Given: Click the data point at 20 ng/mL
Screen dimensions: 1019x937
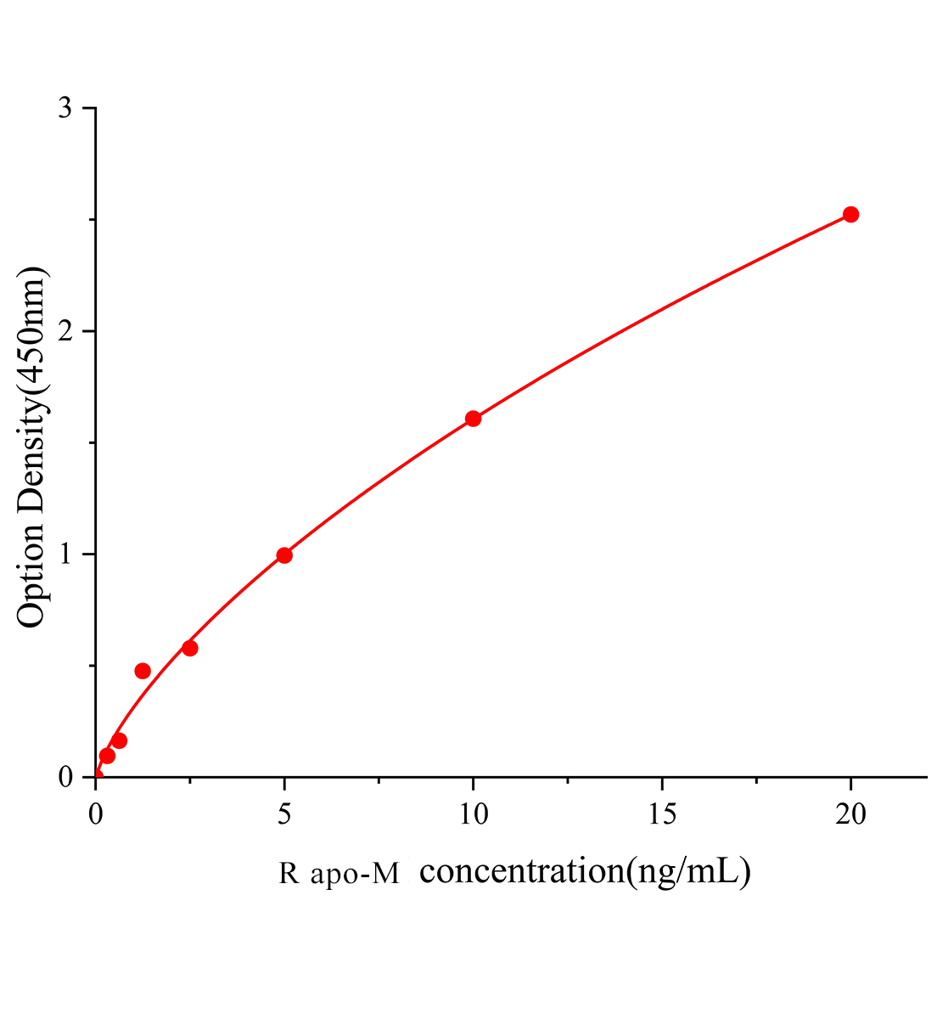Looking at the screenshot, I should click(x=850, y=214).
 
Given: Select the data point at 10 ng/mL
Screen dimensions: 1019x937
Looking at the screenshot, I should click(x=473, y=419).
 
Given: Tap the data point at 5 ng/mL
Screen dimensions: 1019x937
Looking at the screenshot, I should click(x=284, y=555).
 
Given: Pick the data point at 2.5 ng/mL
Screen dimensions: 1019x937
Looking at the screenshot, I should click(x=190, y=648).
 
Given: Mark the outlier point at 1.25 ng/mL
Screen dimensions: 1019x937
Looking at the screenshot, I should click(x=143, y=671).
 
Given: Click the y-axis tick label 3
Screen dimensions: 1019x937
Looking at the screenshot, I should click(x=65, y=109).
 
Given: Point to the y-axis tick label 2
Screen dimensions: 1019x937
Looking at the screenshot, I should click(x=65, y=331).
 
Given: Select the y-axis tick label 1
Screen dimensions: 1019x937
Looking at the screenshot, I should click(x=65, y=555).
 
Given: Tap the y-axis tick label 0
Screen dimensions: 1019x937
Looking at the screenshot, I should click(x=65, y=777).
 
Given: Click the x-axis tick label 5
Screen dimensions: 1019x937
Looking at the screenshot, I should click(x=284, y=814).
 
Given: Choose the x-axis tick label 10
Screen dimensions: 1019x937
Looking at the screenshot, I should click(x=473, y=814).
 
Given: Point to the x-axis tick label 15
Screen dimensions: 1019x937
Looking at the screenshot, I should click(x=662, y=814).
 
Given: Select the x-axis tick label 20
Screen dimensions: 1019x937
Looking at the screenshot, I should click(x=850, y=814).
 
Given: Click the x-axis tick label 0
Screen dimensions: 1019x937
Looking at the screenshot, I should click(x=96, y=814).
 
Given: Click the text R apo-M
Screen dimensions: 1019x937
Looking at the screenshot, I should click(x=339, y=874).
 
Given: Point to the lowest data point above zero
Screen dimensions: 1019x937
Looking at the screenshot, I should click(x=107, y=756).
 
